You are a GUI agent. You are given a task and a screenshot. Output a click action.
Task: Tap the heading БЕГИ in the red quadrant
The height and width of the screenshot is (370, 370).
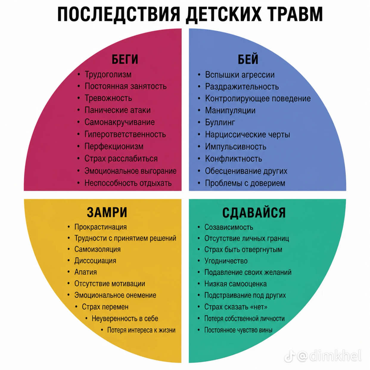tap(125, 59)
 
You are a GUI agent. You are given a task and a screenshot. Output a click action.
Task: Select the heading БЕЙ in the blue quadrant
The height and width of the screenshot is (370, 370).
tap(248, 59)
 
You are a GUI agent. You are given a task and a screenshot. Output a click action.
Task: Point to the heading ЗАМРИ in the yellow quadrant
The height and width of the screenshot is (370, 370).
tap(107, 212)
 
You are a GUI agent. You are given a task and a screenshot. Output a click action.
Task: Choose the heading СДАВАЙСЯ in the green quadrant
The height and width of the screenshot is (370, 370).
tap(254, 212)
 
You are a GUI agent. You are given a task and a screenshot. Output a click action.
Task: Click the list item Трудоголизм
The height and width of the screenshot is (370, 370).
tap(108, 74)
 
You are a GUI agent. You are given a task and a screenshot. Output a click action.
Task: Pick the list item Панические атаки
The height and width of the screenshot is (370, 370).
tap(117, 110)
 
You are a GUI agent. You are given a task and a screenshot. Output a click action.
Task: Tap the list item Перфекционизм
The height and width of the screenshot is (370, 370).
tap(114, 147)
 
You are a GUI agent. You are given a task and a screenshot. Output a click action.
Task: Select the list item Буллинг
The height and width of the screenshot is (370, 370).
tap(220, 122)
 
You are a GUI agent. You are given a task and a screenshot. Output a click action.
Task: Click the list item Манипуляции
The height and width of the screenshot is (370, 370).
tap(230, 111)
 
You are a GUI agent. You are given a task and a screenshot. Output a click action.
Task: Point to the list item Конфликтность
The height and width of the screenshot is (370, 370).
tap(234, 159)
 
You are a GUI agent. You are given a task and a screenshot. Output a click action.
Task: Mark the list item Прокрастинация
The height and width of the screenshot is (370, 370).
tap(100, 227)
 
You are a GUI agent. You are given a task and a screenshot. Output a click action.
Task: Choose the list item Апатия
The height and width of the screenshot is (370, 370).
tap(85, 272)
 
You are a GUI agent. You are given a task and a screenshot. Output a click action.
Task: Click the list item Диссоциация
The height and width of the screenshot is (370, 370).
tap(95, 261)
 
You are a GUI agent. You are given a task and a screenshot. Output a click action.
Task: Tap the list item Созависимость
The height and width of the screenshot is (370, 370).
tap(229, 227)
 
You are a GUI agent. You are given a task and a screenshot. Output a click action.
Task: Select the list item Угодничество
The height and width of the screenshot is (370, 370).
tap(226, 261)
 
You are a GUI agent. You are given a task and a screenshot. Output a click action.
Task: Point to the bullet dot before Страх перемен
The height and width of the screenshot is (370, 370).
tap(77, 307)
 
